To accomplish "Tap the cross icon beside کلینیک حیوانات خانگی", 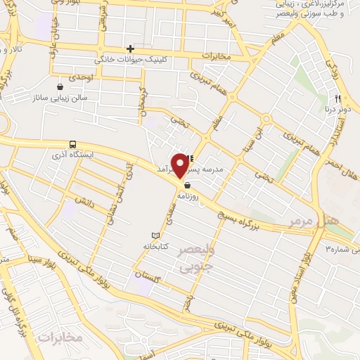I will pos(130,49).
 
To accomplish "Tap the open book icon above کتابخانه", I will pos(155,235).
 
